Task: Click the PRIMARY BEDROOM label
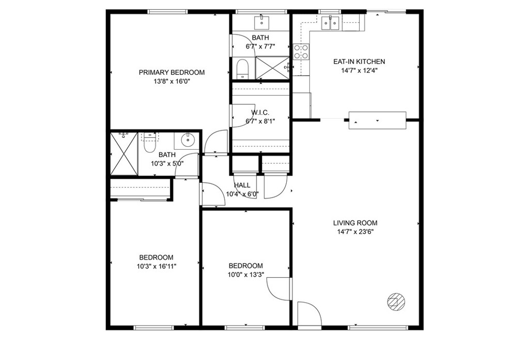point(172,72)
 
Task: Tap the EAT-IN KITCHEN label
point(359,62)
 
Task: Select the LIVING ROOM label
point(355,223)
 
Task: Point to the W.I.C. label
point(260,113)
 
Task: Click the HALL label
point(242,185)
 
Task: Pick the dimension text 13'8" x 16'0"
point(172,81)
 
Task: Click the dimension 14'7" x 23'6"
point(355,232)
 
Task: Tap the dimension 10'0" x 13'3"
point(245,275)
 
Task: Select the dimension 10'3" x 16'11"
point(156,266)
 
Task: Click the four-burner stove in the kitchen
point(301,52)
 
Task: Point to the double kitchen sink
point(330,23)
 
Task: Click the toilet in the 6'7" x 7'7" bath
point(242,69)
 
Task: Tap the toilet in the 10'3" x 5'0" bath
point(149,143)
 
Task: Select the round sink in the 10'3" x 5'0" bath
point(187,140)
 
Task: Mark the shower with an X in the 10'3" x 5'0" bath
point(124,154)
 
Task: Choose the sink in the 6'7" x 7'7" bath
point(261,23)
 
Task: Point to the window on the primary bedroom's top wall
point(167,12)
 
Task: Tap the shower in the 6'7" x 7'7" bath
point(273,68)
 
